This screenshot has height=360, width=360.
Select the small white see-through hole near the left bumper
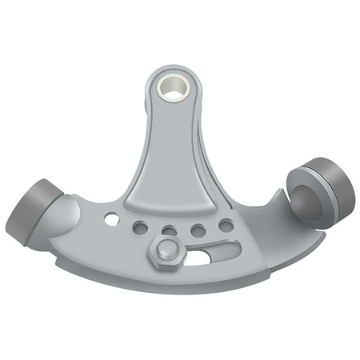110,218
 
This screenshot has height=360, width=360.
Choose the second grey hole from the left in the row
169,231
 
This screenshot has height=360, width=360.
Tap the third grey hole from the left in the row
198,230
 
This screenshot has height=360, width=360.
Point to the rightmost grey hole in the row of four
226,226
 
